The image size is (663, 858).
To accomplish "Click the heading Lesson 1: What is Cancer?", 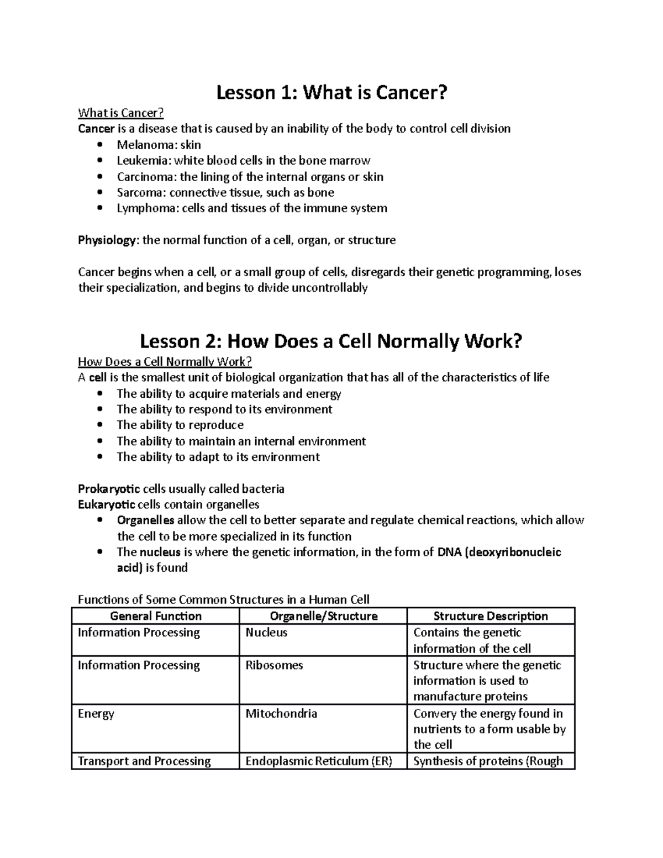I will (331, 93).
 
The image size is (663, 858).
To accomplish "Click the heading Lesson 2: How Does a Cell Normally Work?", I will (331, 341).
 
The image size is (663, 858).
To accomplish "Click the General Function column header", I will (156, 616).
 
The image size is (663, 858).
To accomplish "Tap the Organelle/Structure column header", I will (323, 616).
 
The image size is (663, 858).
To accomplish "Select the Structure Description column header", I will (491, 616).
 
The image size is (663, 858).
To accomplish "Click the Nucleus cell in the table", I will (266, 633).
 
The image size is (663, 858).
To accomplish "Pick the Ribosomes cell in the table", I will (274, 665).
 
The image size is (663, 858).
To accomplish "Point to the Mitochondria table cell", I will (281, 713).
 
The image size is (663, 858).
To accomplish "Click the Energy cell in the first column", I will (96, 713).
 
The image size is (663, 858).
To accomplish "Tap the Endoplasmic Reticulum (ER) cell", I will (319, 761).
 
